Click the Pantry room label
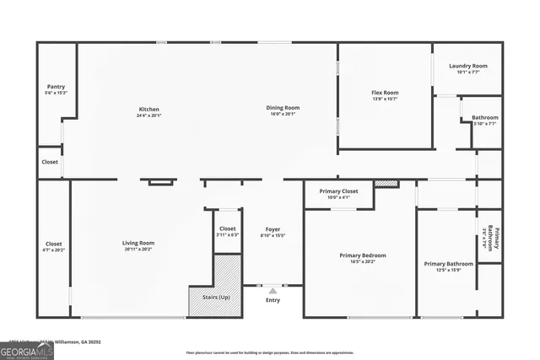[x=57, y=87]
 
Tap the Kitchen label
[x=149, y=109]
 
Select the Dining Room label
[x=284, y=108]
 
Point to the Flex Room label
[x=385, y=93]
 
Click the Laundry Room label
[x=468, y=66]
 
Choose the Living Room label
[x=138, y=243]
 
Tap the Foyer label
[x=273, y=229]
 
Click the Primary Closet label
[x=338, y=191]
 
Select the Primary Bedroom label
[x=363, y=255]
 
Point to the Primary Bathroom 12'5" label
[x=448, y=264]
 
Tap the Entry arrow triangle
[x=273, y=291]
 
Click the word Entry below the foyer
[x=273, y=300]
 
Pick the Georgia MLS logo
[x=27, y=349]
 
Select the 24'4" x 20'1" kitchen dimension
[x=149, y=116]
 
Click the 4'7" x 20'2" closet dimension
[x=53, y=250]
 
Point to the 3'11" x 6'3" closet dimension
[x=228, y=234]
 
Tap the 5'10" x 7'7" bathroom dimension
[x=484, y=124]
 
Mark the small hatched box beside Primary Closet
[x=386, y=183]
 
